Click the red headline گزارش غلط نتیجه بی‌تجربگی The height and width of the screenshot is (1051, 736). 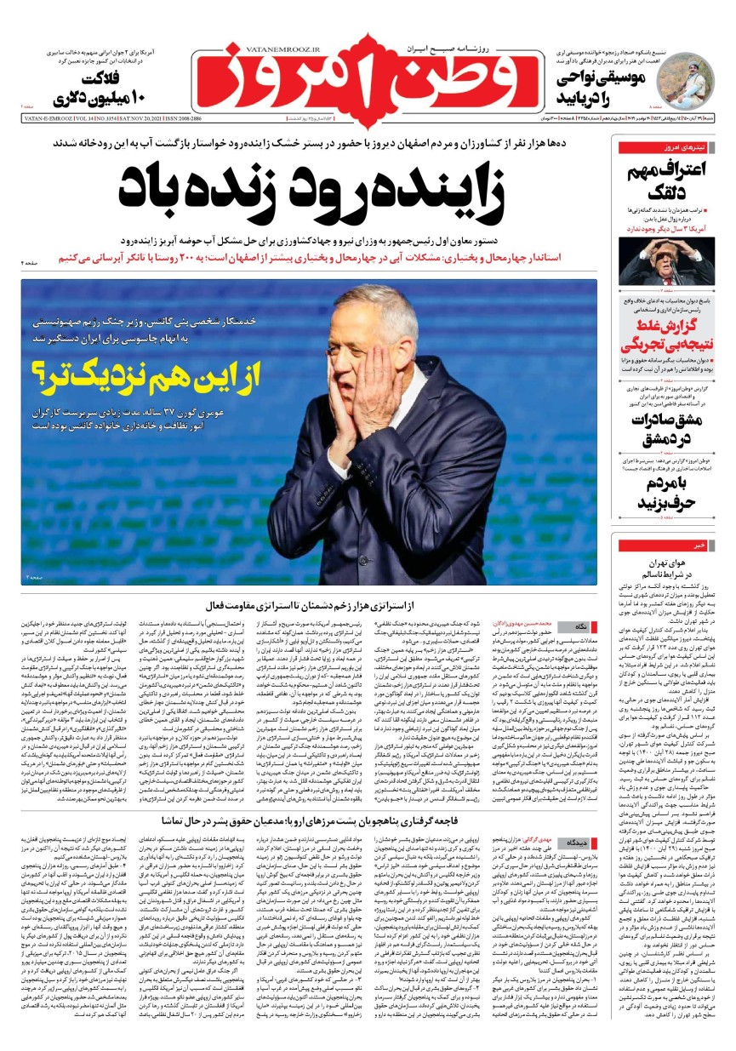[663, 335]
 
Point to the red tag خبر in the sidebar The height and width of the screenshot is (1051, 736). [698, 544]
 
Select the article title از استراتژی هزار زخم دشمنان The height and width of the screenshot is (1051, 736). [310, 605]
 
